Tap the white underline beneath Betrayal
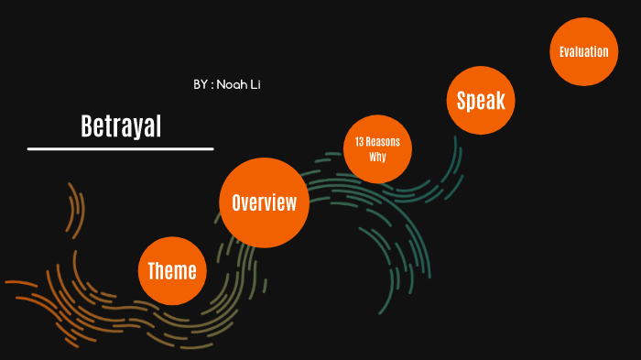point(120,147)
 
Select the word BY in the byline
point(201,84)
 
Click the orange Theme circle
point(172,271)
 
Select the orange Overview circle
point(264,202)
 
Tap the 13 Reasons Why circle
point(377,149)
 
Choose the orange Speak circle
point(481,101)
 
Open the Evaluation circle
point(583,51)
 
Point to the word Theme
point(172,271)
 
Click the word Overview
point(264,202)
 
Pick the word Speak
point(481,101)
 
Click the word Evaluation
point(583,51)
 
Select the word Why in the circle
point(377,158)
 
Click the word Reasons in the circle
point(385,142)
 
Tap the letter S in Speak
point(462,101)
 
